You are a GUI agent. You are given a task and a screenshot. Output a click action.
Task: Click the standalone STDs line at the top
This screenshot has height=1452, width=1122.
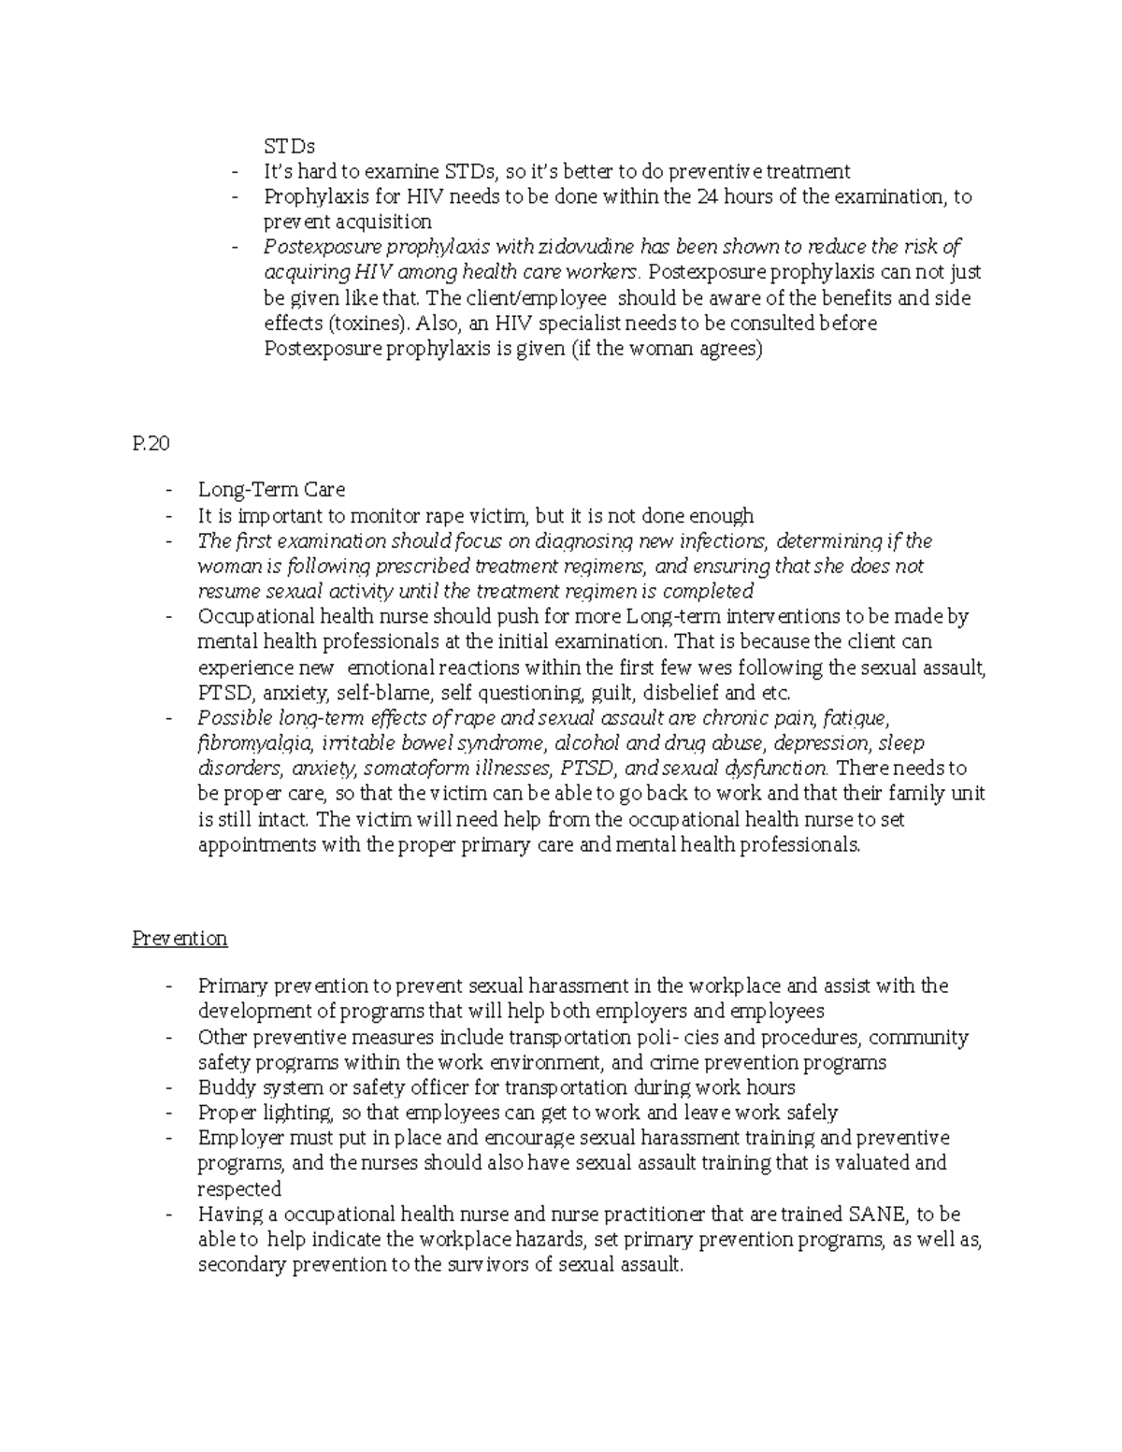click(289, 146)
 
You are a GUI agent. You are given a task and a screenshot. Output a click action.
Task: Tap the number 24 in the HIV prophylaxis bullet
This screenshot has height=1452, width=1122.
click(705, 196)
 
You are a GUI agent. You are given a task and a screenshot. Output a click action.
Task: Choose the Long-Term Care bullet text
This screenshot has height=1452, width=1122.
click(271, 489)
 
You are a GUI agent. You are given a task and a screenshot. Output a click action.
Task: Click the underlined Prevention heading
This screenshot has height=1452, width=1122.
click(180, 938)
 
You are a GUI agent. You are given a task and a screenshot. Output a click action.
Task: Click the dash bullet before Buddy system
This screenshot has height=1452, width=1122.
click(167, 1088)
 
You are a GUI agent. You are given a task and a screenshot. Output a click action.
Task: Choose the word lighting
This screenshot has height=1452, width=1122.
click(295, 1114)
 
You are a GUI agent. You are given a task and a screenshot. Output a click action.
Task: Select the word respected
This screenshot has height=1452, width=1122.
click(239, 1189)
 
